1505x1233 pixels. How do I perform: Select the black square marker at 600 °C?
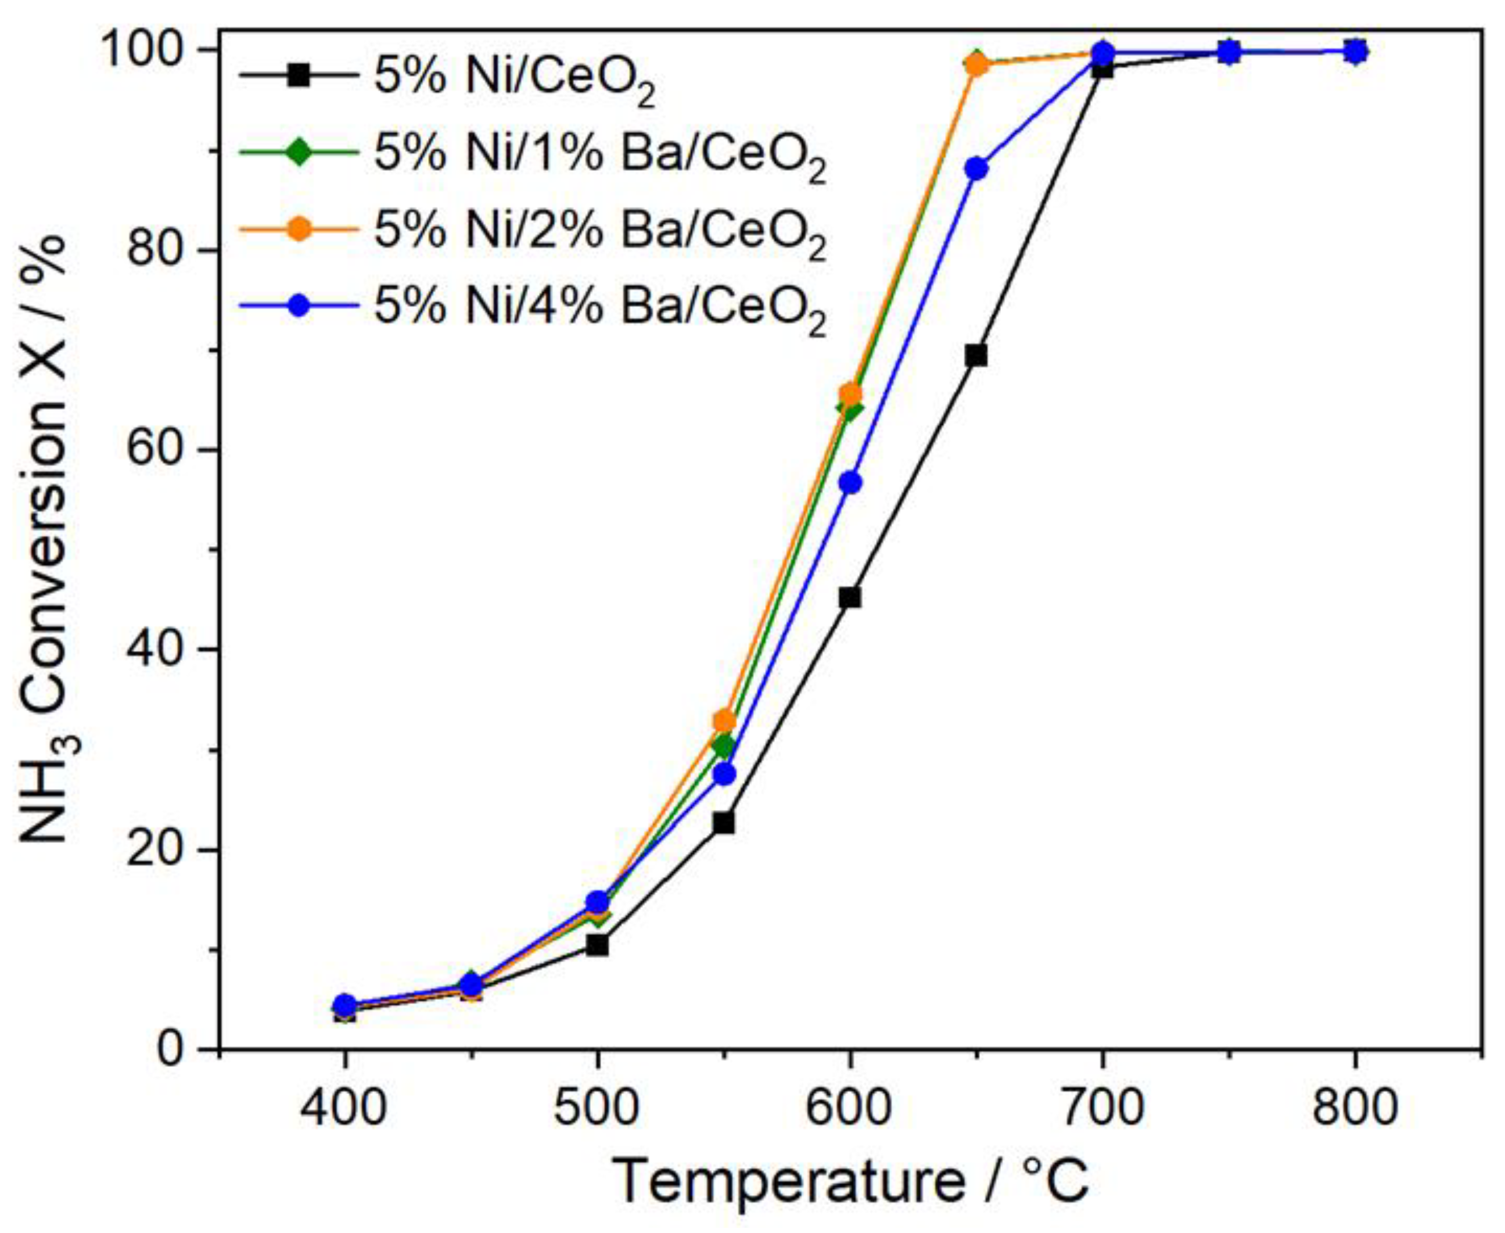pyautogui.click(x=850, y=598)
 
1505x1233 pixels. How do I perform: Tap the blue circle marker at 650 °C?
pyautogui.click(x=977, y=169)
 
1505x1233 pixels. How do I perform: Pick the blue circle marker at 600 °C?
pyautogui.click(x=850, y=483)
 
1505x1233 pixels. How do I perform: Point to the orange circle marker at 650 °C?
pyautogui.click(x=977, y=65)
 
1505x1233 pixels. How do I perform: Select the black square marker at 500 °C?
pyautogui.click(x=598, y=945)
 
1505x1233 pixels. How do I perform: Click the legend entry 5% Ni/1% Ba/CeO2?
pyautogui.click(x=600, y=154)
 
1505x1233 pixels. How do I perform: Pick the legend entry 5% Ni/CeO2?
pyautogui.click(x=515, y=78)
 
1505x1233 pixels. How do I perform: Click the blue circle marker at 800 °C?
pyautogui.click(x=1355, y=51)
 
